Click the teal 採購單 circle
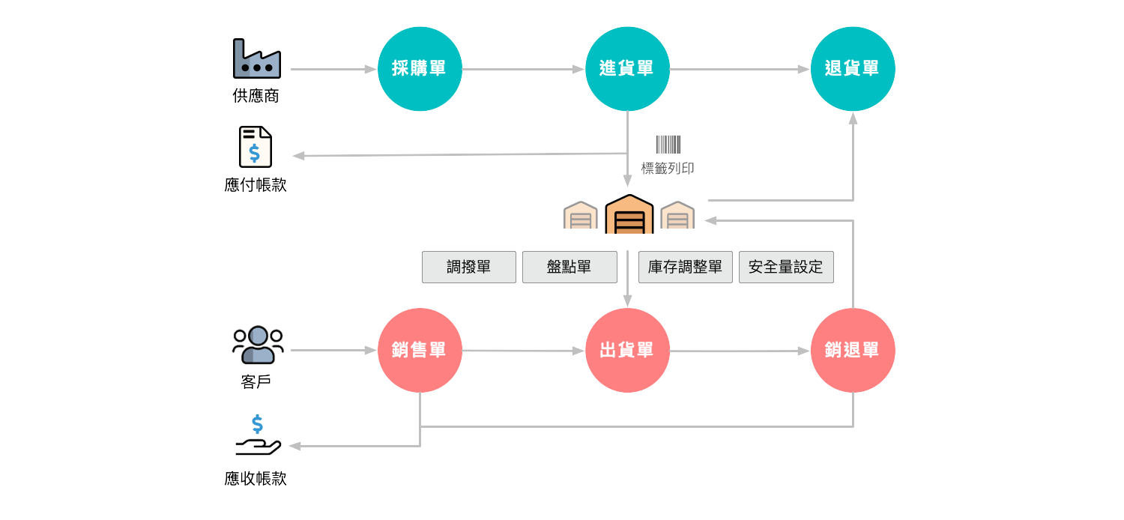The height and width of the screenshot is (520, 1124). point(420,69)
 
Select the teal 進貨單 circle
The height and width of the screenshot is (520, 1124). point(626,69)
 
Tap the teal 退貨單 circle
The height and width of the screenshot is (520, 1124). point(852,69)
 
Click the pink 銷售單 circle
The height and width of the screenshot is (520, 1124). point(420,350)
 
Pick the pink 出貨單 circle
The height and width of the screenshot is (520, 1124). point(626,350)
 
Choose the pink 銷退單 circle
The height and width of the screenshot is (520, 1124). point(852,350)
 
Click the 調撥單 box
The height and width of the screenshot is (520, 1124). point(469,267)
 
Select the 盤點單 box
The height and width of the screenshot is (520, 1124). point(569,267)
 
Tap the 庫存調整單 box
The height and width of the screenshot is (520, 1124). point(685,267)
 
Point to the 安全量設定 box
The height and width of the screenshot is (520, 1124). point(786,267)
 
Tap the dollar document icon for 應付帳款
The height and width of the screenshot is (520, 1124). point(255,147)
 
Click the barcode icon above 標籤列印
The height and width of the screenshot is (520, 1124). point(668,144)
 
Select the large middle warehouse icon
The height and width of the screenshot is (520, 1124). point(629,215)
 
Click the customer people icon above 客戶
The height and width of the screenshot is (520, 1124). point(257,345)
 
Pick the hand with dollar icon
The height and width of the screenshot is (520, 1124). point(257,437)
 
